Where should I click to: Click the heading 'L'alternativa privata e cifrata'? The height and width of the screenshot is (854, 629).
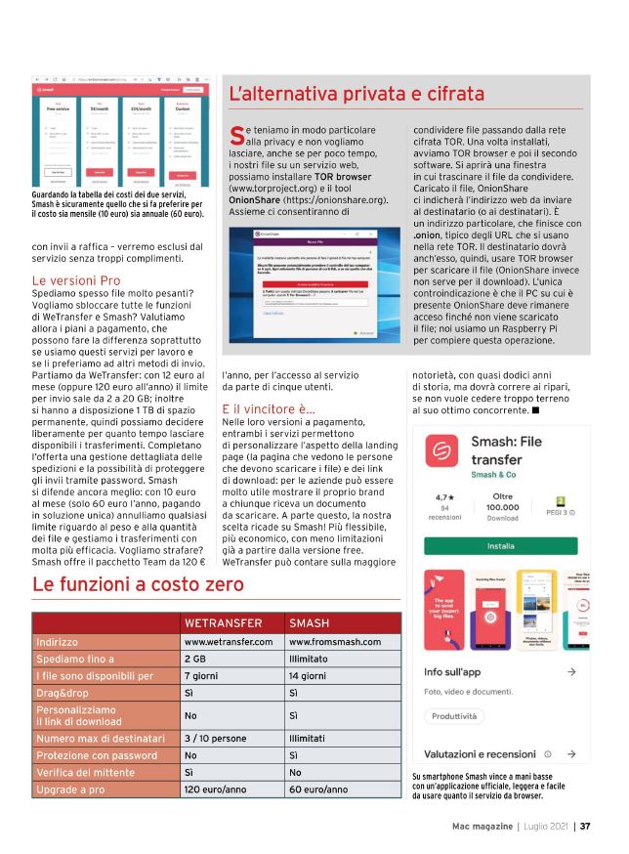pyautogui.click(x=356, y=94)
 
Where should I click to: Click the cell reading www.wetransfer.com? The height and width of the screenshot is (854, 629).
pyautogui.click(x=229, y=641)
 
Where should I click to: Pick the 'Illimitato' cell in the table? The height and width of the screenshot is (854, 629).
pyautogui.click(x=313, y=660)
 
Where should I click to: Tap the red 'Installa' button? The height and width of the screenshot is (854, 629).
pyautogui.click(x=501, y=545)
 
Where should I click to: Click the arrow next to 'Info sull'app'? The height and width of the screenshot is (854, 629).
pyautogui.click(x=571, y=673)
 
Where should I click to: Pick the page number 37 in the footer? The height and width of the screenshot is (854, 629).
pyautogui.click(x=585, y=826)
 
